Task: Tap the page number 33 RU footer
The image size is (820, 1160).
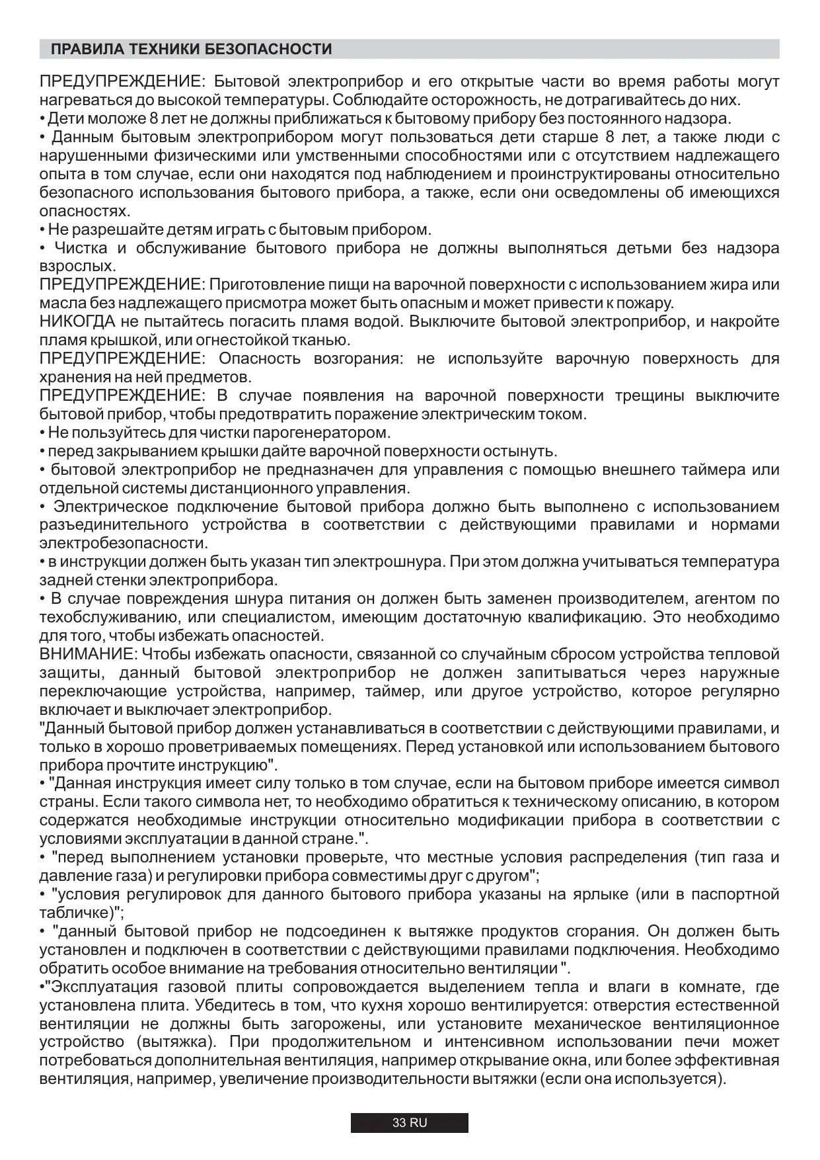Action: [410, 1123]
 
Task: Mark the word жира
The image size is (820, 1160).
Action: [724, 285]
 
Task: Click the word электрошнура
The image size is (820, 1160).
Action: [387, 562]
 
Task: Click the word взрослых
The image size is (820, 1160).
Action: [77, 267]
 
